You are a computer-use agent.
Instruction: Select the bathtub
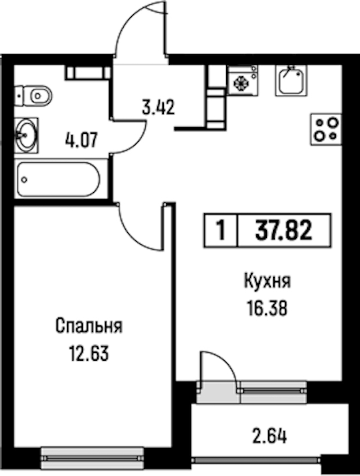(58, 179)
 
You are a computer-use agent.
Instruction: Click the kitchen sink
(291, 80)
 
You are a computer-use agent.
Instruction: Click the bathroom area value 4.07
(81, 140)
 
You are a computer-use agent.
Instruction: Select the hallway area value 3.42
(159, 107)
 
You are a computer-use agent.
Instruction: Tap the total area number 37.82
(284, 230)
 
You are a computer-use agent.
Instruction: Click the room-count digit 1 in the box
(221, 230)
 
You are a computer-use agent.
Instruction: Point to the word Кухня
(268, 282)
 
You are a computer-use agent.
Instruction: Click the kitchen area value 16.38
(268, 309)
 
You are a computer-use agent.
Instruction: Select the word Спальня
(89, 327)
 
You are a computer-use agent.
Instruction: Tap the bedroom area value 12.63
(89, 354)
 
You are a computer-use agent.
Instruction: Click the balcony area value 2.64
(269, 436)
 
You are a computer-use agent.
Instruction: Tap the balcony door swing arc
(226, 361)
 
